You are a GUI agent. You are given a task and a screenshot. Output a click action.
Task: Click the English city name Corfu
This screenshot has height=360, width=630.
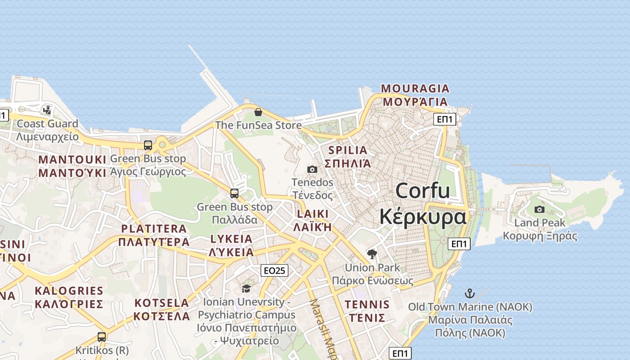click(x=423, y=191)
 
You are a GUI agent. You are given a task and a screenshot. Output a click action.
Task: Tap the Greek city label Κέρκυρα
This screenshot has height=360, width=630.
click(x=423, y=216)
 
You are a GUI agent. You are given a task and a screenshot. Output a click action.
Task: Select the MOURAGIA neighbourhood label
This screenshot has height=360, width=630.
click(x=415, y=88)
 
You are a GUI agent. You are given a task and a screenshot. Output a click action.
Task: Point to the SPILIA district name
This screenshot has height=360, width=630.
click(x=348, y=150)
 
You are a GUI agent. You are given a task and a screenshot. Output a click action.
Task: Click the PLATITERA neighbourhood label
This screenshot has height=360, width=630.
click(x=154, y=229)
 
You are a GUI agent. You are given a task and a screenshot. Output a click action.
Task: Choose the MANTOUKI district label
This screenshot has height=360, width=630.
click(x=72, y=160)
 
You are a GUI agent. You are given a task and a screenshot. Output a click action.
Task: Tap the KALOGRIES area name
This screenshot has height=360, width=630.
click(x=69, y=291)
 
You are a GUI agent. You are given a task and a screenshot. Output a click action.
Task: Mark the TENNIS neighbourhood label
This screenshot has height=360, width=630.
click(x=367, y=305)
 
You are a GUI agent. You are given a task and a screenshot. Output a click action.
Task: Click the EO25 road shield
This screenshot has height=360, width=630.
click(x=274, y=270)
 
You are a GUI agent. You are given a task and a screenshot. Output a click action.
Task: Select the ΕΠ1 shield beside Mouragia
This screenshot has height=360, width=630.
click(x=445, y=119)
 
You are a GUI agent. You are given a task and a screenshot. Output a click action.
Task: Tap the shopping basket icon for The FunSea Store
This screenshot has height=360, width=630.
click(x=258, y=112)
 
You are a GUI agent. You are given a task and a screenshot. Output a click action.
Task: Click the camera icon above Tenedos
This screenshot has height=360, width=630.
click(x=312, y=169)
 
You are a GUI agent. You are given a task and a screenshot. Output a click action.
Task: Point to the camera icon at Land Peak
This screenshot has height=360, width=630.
click(x=540, y=209)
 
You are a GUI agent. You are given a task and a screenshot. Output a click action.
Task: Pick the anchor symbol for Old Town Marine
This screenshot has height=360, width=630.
click(x=470, y=293)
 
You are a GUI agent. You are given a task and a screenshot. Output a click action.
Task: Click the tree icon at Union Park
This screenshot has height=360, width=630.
click(x=372, y=254)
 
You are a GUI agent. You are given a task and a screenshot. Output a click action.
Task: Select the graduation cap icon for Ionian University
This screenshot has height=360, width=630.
click(x=246, y=288)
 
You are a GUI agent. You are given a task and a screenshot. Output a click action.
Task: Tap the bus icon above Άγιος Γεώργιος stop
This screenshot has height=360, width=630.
click(x=148, y=145)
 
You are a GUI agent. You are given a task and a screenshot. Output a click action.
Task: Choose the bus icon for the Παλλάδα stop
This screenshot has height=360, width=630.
click(x=234, y=193)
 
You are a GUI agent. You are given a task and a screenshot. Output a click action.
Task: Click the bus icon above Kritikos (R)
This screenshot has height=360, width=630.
click(x=102, y=337)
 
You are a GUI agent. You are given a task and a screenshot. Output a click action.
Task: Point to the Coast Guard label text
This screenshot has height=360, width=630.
click(x=47, y=124)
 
